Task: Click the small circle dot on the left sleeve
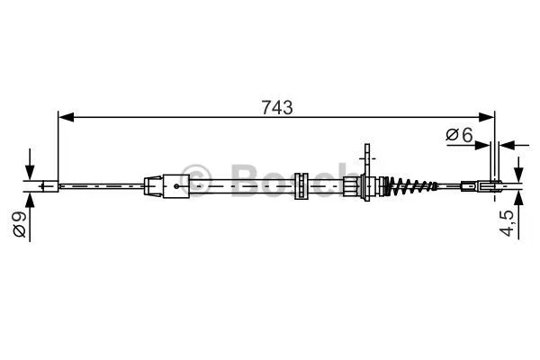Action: [x=176, y=187]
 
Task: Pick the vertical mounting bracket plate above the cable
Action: [x=368, y=162]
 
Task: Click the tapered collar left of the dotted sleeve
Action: [x=153, y=187]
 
